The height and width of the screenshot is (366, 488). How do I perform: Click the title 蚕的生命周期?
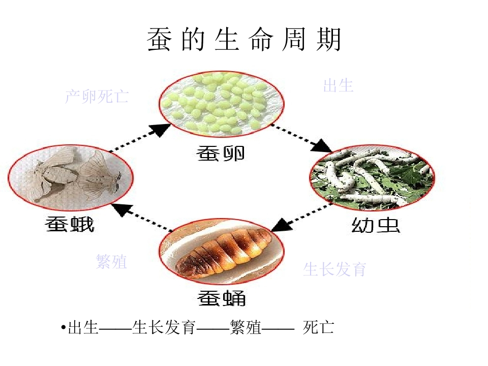point(245,39)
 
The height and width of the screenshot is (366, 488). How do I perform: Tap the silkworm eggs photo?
point(221,104)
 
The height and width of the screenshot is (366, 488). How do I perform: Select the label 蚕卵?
point(221,153)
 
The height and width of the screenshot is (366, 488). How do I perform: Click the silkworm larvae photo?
point(372,176)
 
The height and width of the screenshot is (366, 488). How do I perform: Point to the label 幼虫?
point(376,225)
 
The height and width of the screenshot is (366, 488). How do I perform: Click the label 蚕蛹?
point(222,298)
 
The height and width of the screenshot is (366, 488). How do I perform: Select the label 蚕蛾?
point(69,224)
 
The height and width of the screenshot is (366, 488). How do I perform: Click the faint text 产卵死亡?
point(97,96)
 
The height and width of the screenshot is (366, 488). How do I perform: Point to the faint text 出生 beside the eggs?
point(339,85)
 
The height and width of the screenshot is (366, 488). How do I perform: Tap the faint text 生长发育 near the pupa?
point(334,269)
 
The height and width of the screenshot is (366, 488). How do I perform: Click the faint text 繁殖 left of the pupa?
point(111,261)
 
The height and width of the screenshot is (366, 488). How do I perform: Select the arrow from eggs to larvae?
point(301,138)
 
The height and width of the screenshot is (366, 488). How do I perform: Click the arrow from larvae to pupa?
point(301,217)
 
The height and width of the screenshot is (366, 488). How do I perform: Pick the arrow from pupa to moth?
point(142,218)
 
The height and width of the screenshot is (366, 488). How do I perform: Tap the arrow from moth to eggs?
point(140,138)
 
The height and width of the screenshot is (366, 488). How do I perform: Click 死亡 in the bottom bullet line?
point(318,327)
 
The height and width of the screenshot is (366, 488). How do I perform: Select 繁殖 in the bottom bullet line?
point(246,327)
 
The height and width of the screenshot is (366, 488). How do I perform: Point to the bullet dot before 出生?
point(64,327)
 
